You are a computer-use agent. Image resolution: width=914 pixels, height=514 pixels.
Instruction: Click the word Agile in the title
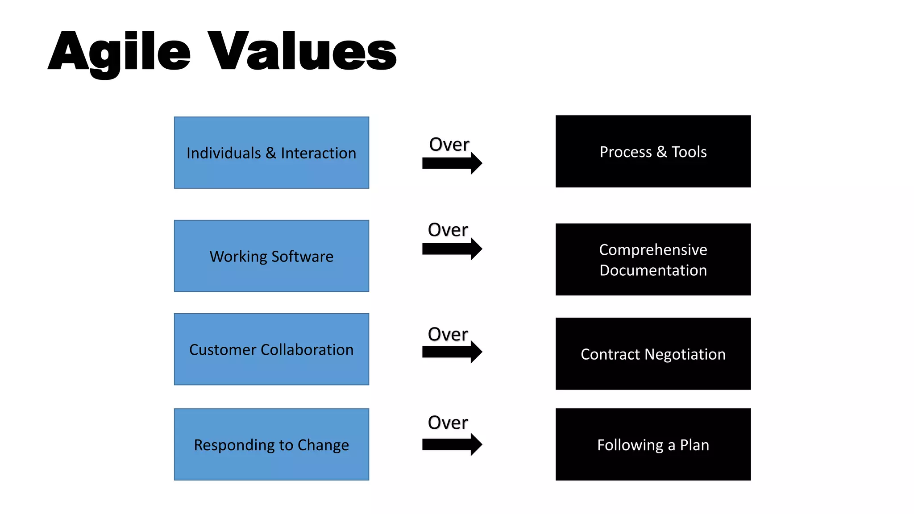point(120,51)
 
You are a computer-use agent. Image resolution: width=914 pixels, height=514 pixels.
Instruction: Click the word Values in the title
point(302,51)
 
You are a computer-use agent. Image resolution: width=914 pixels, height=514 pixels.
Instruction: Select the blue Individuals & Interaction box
point(271,153)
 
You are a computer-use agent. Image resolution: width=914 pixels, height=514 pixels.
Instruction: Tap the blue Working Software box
point(271,256)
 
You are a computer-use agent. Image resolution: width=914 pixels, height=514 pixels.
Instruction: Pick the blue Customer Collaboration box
point(271,349)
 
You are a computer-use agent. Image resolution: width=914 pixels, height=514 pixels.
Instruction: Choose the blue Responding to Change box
point(271,444)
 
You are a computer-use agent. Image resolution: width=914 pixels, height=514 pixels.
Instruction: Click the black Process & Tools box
point(653,152)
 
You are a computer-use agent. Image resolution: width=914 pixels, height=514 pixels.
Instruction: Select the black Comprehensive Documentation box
point(653,260)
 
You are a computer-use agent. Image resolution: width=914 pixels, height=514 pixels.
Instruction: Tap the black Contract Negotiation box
point(653,354)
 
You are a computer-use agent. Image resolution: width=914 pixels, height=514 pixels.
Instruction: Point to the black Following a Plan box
point(653,444)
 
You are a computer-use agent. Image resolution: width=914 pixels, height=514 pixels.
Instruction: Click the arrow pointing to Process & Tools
point(452,163)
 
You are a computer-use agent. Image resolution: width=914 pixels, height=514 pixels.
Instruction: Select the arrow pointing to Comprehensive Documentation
point(452,249)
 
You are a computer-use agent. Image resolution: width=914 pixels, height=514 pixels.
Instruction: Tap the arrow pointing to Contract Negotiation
point(452,352)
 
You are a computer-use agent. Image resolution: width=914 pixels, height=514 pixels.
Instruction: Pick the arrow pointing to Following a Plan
point(452,444)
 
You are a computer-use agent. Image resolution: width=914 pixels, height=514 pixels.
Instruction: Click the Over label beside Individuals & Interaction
point(449,145)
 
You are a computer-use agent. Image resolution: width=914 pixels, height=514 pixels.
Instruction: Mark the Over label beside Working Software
point(448,230)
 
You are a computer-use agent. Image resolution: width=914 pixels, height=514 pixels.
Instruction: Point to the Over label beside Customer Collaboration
point(448,334)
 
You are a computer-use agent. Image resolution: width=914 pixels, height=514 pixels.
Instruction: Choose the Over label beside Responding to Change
point(448,423)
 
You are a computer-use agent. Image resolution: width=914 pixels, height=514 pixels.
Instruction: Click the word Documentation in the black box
point(653,270)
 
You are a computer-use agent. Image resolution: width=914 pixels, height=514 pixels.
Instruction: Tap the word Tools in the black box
point(689,152)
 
